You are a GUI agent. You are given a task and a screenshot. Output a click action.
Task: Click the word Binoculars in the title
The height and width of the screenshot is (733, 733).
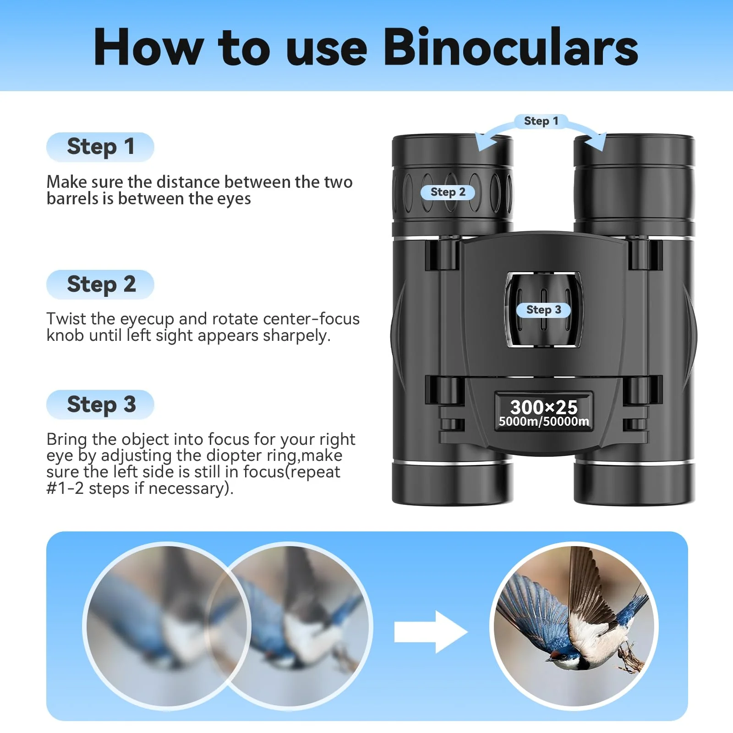(510, 48)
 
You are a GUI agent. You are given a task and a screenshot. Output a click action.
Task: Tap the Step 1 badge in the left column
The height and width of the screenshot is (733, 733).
(100, 147)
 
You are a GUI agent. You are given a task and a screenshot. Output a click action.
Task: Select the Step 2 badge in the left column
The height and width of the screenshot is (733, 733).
(100, 284)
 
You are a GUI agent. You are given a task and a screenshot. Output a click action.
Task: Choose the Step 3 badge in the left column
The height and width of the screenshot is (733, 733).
(100, 405)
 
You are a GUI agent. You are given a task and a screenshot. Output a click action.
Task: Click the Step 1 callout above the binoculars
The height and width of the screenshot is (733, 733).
(541, 121)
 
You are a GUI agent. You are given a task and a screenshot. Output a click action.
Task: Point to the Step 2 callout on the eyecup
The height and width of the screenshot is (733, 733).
(448, 192)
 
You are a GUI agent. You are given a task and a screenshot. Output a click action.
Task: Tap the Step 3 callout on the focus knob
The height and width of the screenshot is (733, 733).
(543, 310)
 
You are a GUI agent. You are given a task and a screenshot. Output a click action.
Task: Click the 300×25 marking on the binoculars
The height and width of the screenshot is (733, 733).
(544, 407)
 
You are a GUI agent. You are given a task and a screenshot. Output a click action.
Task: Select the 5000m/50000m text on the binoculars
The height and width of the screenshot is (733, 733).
(544, 421)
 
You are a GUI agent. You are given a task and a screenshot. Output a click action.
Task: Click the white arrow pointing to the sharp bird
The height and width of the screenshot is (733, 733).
(430, 632)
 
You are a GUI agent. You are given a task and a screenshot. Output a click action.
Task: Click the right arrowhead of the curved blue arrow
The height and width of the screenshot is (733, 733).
(596, 142)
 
